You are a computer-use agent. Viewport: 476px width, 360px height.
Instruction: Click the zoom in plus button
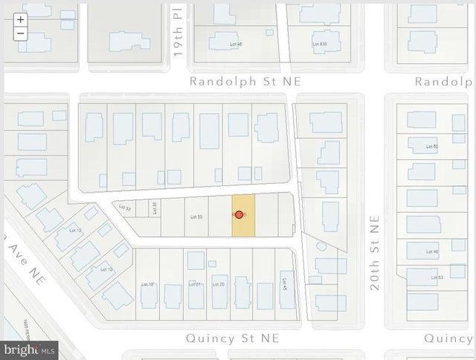point(21,20)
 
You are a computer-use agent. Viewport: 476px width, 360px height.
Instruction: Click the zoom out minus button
point(21,33)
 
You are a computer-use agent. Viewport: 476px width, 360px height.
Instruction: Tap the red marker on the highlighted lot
point(239,215)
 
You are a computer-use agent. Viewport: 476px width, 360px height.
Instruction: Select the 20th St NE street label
point(374,253)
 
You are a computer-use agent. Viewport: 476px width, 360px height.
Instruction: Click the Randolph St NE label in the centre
point(245,81)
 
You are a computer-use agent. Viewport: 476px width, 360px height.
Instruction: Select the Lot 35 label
point(155,208)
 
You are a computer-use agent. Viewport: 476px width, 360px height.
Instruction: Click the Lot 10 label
point(106,269)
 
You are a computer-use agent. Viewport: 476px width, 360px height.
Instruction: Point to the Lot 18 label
point(147,284)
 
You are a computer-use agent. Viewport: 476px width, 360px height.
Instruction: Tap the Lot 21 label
point(196,284)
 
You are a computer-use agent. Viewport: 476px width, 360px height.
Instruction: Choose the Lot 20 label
point(218,284)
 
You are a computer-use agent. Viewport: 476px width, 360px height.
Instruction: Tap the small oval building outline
point(321,245)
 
